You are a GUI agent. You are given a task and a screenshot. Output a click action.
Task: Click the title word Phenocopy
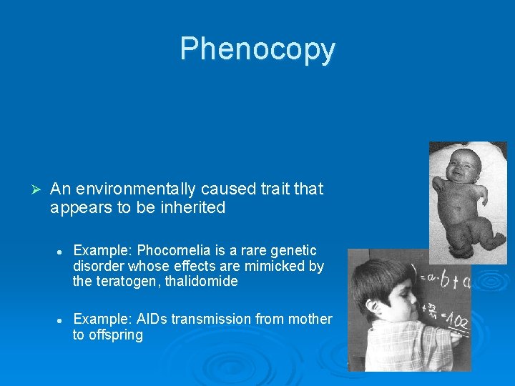click(257, 49)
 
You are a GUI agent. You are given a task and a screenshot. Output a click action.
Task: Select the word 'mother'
click(310, 319)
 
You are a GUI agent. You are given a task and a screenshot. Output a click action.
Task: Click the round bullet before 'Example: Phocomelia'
click(62, 251)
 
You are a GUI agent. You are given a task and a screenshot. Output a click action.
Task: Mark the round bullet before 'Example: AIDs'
click(62, 320)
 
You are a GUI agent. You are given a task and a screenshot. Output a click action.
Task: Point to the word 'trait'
click(273, 189)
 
